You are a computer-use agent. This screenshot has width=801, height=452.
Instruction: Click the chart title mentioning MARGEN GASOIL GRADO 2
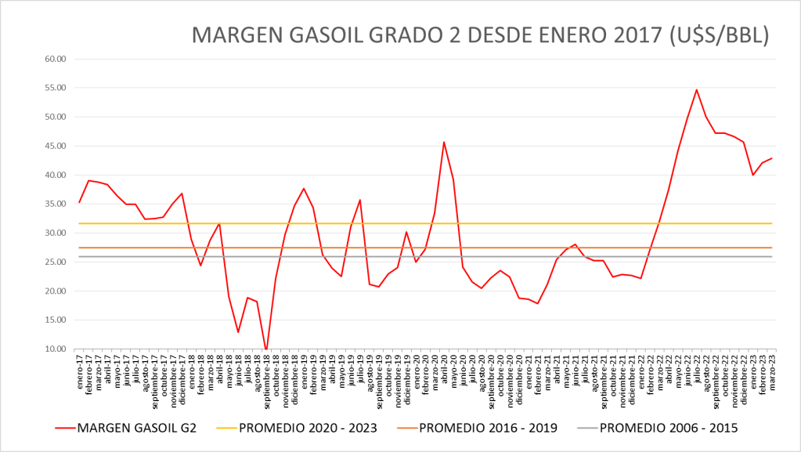480,35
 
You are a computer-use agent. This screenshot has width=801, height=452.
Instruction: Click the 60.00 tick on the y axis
56,59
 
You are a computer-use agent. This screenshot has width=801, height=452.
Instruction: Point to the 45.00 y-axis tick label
56,146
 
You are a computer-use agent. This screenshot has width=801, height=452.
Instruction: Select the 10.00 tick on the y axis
56,349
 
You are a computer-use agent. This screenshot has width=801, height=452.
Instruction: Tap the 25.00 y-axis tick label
56,262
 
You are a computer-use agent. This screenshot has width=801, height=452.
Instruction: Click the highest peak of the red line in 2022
697,89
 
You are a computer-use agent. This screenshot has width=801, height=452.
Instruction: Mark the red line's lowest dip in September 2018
266,349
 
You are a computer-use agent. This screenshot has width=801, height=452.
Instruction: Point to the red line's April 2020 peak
444,142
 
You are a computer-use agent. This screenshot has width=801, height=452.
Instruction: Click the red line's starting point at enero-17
79,203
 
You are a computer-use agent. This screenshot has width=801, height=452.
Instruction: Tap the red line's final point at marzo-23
772,158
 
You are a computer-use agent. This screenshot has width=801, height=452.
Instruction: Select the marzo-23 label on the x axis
773,367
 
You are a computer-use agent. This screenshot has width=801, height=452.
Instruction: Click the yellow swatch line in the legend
222,428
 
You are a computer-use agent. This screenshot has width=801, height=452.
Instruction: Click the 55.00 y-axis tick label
56,88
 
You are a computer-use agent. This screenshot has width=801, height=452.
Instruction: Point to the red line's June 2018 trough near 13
238,332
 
